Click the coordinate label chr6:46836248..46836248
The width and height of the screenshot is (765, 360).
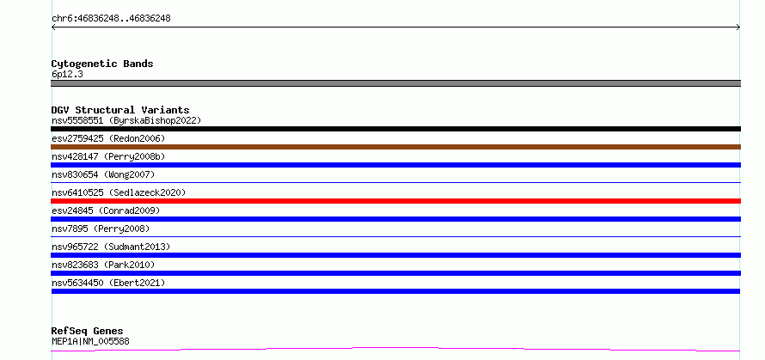[x=111, y=19]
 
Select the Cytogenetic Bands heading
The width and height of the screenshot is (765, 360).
[x=102, y=64]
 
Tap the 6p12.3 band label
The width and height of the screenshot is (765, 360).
[x=67, y=74]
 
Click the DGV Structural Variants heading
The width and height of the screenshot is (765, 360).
[x=120, y=110]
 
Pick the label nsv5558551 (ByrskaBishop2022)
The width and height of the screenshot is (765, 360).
[x=126, y=120]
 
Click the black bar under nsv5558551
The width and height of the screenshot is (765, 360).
[x=395, y=129]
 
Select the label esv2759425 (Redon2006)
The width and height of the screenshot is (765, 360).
[x=108, y=138]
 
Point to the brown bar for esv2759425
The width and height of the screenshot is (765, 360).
[x=395, y=147]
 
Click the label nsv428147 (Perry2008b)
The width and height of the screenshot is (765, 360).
[x=108, y=156]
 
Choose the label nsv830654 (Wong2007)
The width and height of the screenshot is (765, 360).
[x=103, y=174]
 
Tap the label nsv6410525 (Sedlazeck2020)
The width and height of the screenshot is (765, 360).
[x=119, y=192]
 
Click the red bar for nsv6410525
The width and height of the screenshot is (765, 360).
[x=395, y=201]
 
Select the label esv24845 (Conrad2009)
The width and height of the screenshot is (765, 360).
[x=106, y=211]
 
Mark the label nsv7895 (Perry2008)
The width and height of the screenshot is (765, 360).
[x=101, y=229]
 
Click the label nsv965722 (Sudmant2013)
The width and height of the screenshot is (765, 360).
[x=111, y=247]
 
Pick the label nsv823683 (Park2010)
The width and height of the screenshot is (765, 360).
[x=103, y=265]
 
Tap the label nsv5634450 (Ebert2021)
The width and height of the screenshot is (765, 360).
[x=108, y=283]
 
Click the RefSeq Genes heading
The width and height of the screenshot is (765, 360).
[x=88, y=332]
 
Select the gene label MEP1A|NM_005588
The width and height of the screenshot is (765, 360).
[x=90, y=341]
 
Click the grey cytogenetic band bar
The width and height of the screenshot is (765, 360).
[x=395, y=83]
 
